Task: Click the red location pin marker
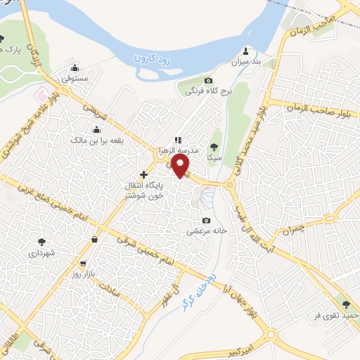click(x=181, y=166)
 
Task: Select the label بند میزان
click(x=245, y=61)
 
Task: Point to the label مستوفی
click(x=75, y=79)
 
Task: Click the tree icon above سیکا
click(x=214, y=147)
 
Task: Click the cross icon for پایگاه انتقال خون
click(x=144, y=174)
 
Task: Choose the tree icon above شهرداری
click(x=42, y=240)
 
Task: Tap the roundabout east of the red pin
click(x=231, y=186)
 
